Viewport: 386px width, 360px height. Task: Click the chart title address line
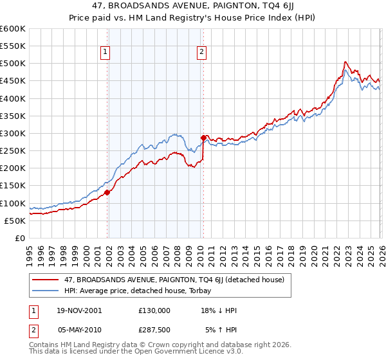tap(193, 6)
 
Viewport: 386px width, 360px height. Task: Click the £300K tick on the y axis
tap(13, 133)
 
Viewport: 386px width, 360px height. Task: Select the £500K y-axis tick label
tap(13, 64)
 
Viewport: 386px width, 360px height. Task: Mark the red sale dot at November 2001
tap(107, 192)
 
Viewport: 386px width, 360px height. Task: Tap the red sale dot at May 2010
tap(203, 138)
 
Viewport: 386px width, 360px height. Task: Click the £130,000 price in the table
tap(154, 310)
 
